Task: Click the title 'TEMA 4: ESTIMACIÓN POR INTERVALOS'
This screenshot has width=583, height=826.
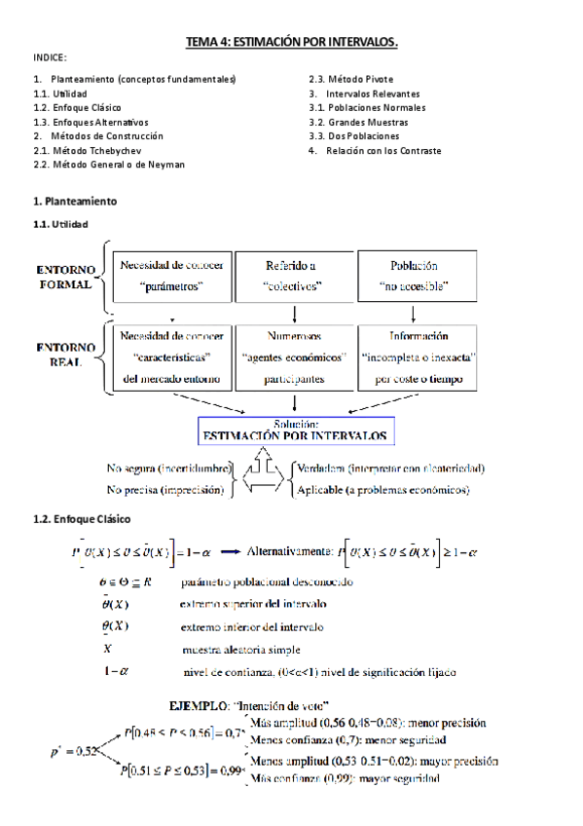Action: pos(293,42)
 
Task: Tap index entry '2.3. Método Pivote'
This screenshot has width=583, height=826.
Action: pos(351,78)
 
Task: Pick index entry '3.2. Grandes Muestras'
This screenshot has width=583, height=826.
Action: pos(358,122)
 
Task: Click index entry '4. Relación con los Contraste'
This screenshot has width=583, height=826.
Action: pos(375,151)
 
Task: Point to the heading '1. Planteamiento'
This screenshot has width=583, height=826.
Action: pos(75,201)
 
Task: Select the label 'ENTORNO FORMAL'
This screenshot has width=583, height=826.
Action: pos(65,276)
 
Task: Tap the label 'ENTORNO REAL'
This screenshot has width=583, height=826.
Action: pos(65,355)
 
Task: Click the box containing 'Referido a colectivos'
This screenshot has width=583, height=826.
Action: pos(293,276)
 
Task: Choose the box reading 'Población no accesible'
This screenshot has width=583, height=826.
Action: pos(415,276)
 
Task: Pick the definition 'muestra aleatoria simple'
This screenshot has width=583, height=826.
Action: pos(240,649)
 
